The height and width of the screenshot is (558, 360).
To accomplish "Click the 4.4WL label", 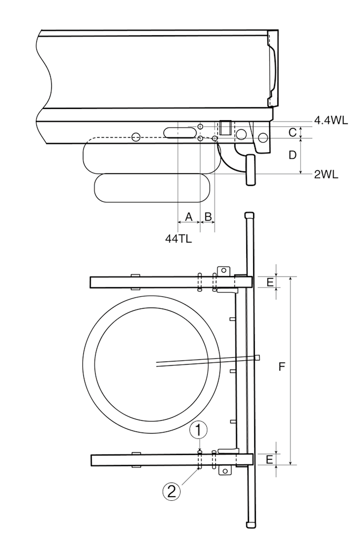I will pos(331,120).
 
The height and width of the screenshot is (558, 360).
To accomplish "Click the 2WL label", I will pos(326,174).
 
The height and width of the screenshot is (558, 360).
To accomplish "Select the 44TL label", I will pos(178,239).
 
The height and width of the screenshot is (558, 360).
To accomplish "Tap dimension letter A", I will pos(189,216).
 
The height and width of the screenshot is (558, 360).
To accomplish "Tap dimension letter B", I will pos(208,216).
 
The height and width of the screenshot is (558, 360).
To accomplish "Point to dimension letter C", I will pos(293,132).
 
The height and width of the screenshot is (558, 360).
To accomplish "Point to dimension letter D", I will pos(293,155).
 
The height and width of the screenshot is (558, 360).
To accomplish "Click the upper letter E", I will pos(270,282).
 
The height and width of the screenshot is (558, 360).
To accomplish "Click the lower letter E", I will pos(270,459).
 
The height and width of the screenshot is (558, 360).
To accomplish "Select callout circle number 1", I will pos(199,429).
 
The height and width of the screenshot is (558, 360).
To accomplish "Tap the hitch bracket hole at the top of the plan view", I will pos(225,271).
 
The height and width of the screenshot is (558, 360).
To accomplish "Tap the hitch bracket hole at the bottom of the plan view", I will pos(225,471).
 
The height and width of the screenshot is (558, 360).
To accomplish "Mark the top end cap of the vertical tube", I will pos(249,216).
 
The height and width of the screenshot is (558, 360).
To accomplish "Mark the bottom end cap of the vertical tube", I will pos(250,524).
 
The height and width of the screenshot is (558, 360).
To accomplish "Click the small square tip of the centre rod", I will pos(257,357).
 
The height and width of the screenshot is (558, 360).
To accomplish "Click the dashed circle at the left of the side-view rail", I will pos(136,137).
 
